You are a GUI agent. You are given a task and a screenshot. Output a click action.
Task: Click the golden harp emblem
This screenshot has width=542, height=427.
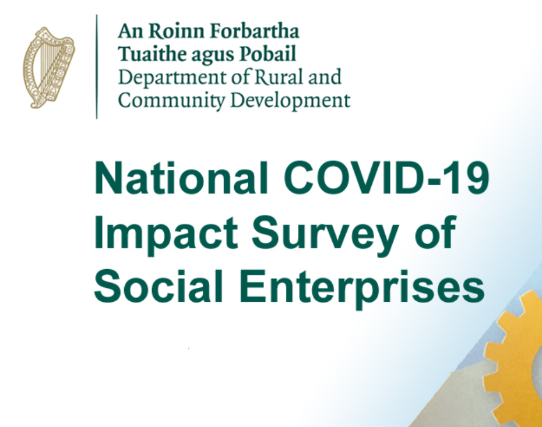[x=49, y=68]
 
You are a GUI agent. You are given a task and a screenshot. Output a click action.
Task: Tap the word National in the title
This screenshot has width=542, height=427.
[x=181, y=178]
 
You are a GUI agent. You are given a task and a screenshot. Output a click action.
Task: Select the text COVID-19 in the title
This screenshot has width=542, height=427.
[x=386, y=178]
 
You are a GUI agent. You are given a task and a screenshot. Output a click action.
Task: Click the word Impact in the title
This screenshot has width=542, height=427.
[x=166, y=233]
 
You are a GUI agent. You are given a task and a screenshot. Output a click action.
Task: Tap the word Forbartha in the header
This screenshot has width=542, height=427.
[x=255, y=31]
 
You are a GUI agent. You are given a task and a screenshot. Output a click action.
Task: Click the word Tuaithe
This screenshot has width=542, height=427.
[x=153, y=54]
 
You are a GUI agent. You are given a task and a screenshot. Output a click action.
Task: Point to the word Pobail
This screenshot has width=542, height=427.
[x=268, y=54]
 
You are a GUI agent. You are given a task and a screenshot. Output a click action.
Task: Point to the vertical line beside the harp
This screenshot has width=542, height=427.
[x=97, y=66]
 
